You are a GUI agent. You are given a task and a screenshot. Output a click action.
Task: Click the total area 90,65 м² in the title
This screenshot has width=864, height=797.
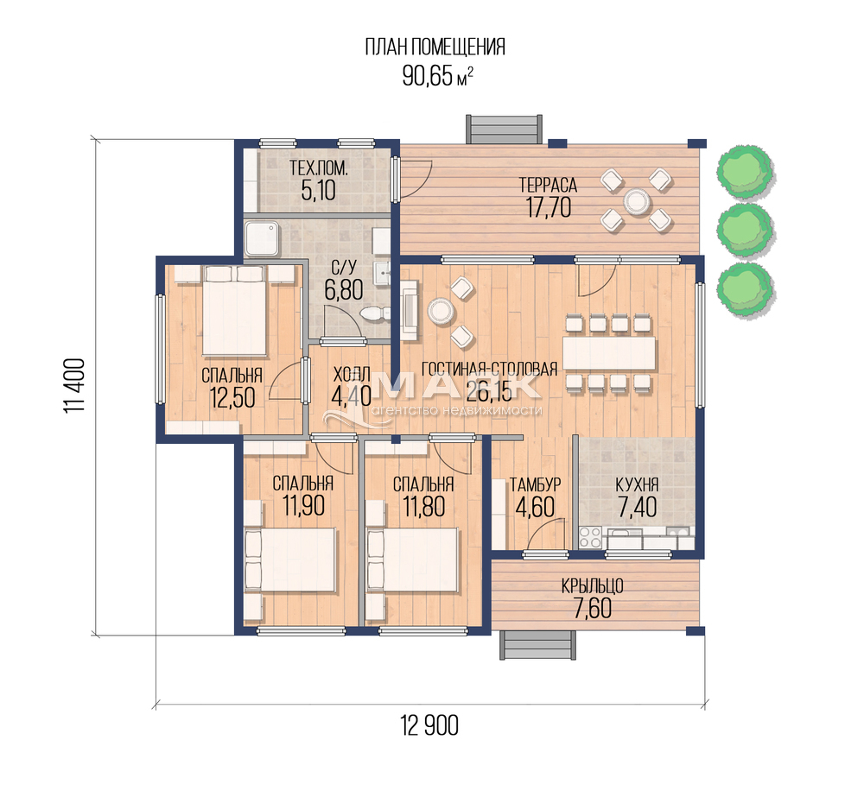click(437, 76)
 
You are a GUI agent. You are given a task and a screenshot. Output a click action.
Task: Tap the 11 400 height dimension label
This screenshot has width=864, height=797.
click(74, 387)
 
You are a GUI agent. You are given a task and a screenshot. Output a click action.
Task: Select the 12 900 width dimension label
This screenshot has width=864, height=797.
click(429, 725)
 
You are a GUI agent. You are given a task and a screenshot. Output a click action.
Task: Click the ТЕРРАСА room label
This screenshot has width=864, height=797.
click(549, 185)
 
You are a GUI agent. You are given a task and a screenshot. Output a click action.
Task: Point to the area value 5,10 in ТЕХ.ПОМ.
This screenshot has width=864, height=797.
click(319, 191)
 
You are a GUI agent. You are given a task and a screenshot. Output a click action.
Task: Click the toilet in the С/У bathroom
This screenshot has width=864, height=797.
click(374, 314)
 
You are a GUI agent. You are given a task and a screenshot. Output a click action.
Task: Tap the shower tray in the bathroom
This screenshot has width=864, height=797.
click(263, 238)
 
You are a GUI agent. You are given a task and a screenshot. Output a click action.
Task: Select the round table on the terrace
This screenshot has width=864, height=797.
click(636, 200)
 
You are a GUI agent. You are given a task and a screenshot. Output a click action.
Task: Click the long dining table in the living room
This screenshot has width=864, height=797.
click(609, 353)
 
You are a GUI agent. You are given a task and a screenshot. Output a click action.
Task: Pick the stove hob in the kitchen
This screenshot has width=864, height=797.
click(590, 538)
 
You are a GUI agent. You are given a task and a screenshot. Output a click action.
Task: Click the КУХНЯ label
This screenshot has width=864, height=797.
click(637, 484)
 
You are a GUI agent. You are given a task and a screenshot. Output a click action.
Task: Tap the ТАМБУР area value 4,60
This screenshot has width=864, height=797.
click(535, 507)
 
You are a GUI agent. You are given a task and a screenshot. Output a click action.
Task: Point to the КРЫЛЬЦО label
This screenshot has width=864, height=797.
click(593, 585)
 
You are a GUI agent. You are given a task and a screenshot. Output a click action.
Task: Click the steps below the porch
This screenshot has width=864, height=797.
click(537, 644)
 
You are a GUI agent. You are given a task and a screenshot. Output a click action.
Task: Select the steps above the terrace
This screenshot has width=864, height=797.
click(505, 129)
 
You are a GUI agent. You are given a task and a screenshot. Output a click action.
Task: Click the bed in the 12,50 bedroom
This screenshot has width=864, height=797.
click(234, 311)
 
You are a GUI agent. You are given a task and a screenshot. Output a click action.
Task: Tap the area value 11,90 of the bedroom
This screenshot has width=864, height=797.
click(303, 506)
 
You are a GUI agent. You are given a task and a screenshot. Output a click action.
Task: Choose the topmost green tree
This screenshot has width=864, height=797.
click(746, 170)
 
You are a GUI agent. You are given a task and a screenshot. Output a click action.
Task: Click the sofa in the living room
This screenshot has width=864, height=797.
click(409, 308)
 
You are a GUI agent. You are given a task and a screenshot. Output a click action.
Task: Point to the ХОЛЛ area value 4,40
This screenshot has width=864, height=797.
click(352, 396)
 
